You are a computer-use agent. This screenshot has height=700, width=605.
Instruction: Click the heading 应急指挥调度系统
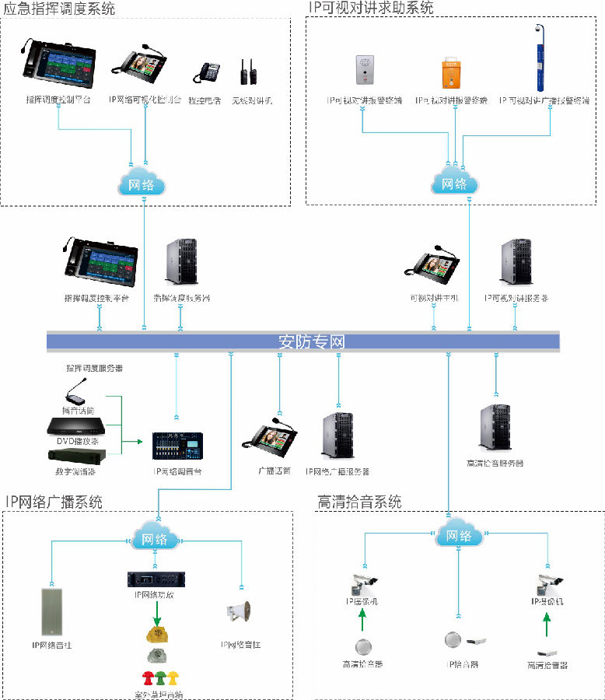coord(59,9)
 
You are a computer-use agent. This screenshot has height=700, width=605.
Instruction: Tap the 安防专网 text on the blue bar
coord(311,341)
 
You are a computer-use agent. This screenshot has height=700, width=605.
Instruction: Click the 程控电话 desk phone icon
coord(208,73)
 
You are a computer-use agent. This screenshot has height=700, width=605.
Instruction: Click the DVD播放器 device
coord(75,426)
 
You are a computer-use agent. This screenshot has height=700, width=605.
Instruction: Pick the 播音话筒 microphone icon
coord(76,393)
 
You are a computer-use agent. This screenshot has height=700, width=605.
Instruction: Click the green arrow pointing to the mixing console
coord(135,442)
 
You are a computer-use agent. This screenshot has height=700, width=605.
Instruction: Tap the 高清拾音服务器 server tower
coord(494,427)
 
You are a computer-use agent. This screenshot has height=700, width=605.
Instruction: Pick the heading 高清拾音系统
coord(359,502)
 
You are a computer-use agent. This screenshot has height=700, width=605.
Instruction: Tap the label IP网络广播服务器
coord(337,471)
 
